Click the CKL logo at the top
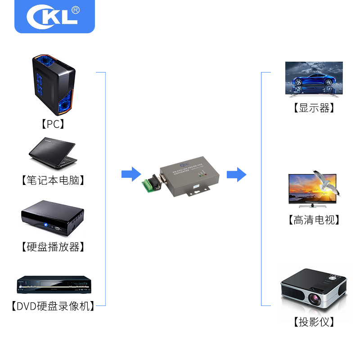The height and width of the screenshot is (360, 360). click(x=54, y=17)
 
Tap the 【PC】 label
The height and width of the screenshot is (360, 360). click(x=53, y=124)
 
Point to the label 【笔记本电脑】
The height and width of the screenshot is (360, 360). click(x=53, y=180)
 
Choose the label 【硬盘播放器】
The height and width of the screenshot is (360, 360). click(x=53, y=247)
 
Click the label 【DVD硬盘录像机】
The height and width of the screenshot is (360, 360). click(x=53, y=306)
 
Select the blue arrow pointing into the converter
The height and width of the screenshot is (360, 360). click(x=131, y=174)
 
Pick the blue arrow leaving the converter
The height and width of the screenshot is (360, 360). click(x=236, y=174)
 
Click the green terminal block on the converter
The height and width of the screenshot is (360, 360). click(x=149, y=185)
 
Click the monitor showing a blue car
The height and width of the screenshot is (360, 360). click(x=314, y=79)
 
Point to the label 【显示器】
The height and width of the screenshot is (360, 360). click(x=314, y=108)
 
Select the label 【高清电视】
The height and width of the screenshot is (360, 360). click(x=314, y=220)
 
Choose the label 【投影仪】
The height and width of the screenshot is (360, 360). click(x=314, y=322)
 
